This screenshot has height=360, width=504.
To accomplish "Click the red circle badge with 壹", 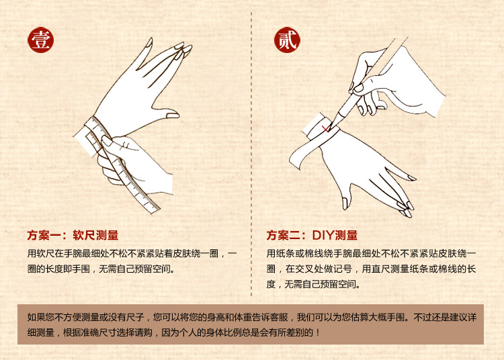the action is pyautogui.click(x=41, y=40).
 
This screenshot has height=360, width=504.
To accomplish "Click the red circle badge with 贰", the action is pyautogui.click(x=287, y=40).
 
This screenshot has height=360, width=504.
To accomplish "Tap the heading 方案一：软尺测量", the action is pyautogui.click(x=73, y=235).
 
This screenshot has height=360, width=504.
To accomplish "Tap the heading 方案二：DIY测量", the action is pyautogui.click(x=312, y=235).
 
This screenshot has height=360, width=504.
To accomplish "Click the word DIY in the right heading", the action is pyautogui.click(x=323, y=235).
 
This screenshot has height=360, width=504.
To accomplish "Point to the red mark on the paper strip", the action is pyautogui.click(x=326, y=128).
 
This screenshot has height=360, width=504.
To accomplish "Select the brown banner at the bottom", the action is pyautogui.click(x=251, y=324).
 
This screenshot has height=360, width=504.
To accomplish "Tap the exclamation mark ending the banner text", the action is pyautogui.click(x=318, y=332).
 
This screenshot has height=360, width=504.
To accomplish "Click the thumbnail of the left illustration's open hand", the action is pyautogui.click(x=173, y=115).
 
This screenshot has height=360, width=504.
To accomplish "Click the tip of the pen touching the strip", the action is pyautogui.click(x=331, y=126).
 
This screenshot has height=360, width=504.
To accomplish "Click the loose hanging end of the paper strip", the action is pyautogui.click(x=294, y=160).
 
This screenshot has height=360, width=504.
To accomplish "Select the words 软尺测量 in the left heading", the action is pyautogui.click(x=96, y=235).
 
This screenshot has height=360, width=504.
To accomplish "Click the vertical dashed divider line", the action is pyautogui.click(x=251, y=154).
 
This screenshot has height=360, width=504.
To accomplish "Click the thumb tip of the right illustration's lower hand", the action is pyautogui.click(x=345, y=205).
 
